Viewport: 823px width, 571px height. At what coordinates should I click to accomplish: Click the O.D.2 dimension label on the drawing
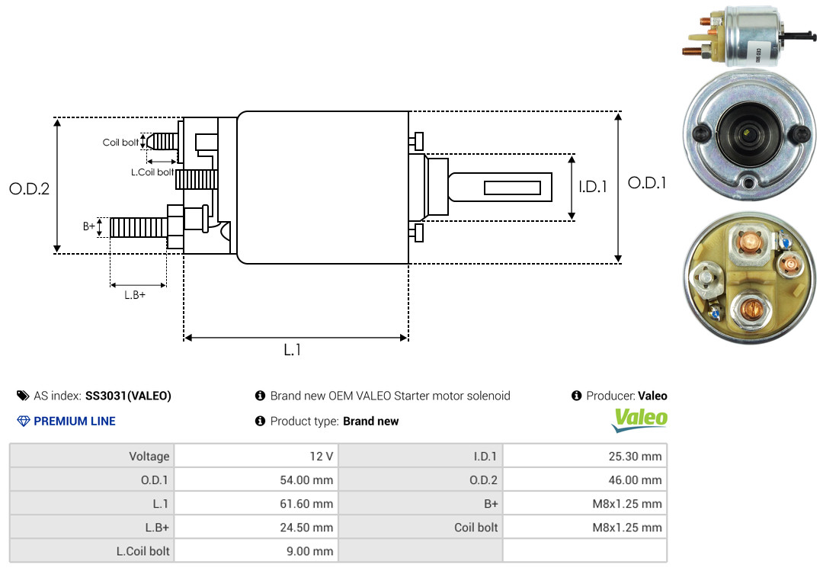30,188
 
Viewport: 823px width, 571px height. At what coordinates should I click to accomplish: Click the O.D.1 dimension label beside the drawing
647,183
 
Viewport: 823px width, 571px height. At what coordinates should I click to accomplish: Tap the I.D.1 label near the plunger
593,187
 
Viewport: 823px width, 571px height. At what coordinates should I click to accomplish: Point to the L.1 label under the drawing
293,350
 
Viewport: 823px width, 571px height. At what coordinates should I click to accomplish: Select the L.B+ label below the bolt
135,295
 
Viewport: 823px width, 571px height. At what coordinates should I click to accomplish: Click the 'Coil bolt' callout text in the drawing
120,143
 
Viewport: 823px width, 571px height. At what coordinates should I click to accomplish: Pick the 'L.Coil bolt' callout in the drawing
152,172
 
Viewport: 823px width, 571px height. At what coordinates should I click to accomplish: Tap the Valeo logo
639,420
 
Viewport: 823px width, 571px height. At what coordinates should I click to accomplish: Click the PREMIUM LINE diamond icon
24,422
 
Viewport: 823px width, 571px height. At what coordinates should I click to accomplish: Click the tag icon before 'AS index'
23,396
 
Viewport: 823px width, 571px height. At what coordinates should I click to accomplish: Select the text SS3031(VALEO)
128,396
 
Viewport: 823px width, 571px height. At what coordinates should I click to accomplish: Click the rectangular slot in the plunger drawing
512,188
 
